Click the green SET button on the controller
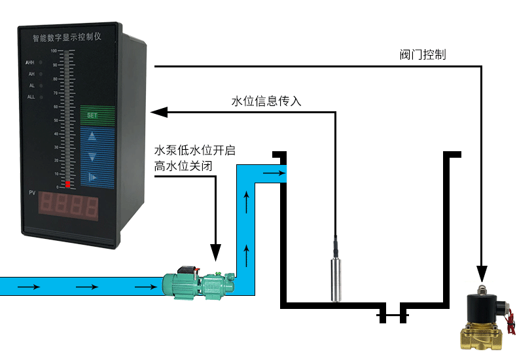(x=92, y=115)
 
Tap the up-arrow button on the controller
(x=92, y=137)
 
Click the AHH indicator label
(x=30, y=63)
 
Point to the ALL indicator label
(x=31, y=97)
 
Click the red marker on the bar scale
(x=67, y=185)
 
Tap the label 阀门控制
(x=422, y=55)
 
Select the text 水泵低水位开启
(x=194, y=151)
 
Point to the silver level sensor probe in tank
(x=336, y=278)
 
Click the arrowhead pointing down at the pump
(x=215, y=251)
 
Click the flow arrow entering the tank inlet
(x=273, y=173)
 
